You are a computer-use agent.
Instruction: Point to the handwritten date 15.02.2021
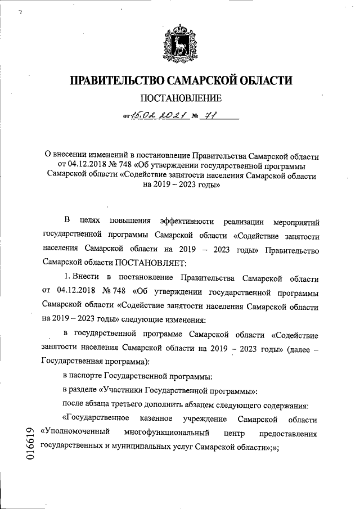point(155,117)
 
